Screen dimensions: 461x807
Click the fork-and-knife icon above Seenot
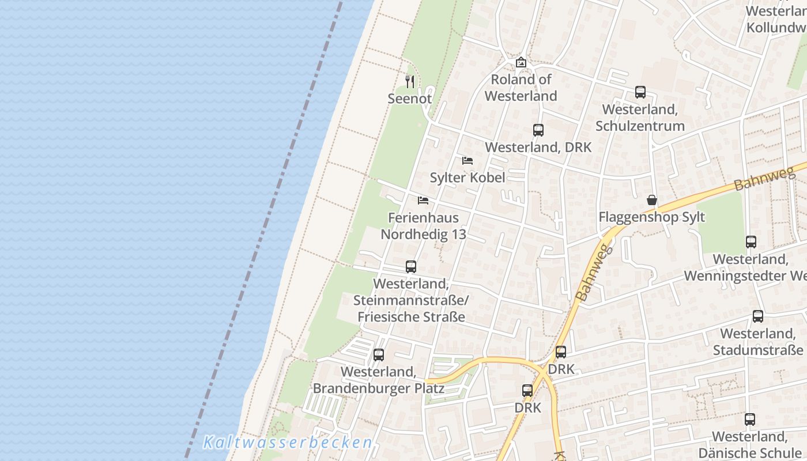pyautogui.click(x=410, y=82)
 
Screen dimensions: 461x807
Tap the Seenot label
pyautogui.click(x=410, y=99)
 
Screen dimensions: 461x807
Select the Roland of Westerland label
pyautogui.click(x=521, y=88)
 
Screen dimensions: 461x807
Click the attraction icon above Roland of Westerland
pyautogui.click(x=521, y=62)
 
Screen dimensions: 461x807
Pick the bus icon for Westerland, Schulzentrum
pyautogui.click(x=640, y=92)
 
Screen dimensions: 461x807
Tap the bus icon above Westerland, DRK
pyautogui.click(x=538, y=130)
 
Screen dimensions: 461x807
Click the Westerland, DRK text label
pyautogui.click(x=538, y=147)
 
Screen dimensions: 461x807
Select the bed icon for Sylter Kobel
pyautogui.click(x=467, y=160)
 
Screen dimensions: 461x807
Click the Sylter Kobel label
pyautogui.click(x=467, y=177)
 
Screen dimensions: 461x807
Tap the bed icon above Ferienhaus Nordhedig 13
pyautogui.click(x=423, y=201)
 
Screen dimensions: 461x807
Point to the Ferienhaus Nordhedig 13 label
pyautogui.click(x=424, y=226)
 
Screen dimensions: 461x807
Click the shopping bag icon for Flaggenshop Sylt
pyautogui.click(x=652, y=200)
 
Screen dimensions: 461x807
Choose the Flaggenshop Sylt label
pyautogui.click(x=652, y=217)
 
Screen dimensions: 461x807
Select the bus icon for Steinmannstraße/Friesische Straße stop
pyautogui.click(x=411, y=267)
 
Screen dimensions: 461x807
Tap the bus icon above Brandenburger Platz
pyautogui.click(x=379, y=355)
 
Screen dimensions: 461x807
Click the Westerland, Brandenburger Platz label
pyautogui.click(x=379, y=380)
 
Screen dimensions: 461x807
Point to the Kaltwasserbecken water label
pyautogui.click(x=288, y=443)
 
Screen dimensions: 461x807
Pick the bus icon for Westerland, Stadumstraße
pyautogui.click(x=758, y=316)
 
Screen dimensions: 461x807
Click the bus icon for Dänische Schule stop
pyautogui.click(x=750, y=420)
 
